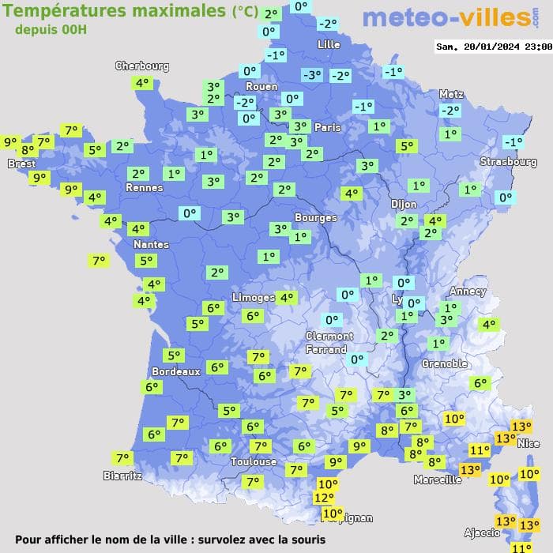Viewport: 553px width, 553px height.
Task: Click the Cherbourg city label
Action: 142,66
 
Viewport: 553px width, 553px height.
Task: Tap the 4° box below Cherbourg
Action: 142,82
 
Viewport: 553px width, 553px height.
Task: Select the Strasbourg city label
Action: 508,162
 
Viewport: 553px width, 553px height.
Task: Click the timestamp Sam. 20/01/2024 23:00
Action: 494,47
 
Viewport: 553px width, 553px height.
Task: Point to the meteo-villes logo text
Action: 446,17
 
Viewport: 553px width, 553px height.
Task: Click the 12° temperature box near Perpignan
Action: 324,498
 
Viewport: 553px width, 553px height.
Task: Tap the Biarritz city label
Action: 122,476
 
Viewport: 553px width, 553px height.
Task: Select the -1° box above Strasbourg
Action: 513,142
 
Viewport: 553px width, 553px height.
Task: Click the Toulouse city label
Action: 254,461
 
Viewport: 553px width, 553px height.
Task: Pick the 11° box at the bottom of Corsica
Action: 521,547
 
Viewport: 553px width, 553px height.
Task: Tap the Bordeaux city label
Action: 175,371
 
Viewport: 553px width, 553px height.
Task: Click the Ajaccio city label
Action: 481,533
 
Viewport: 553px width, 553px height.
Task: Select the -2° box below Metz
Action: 450,111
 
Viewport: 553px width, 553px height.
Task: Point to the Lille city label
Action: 328,45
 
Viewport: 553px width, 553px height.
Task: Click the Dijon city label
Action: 404,204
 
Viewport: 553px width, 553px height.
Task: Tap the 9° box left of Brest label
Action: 10,143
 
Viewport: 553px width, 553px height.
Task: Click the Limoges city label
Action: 254,297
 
